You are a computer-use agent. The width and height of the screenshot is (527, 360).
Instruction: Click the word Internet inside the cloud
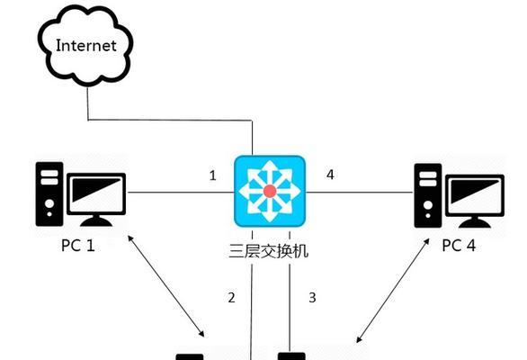(86, 45)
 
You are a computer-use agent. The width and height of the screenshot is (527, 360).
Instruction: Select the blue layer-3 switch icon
(270, 191)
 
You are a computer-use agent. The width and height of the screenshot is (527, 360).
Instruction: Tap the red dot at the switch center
(270, 191)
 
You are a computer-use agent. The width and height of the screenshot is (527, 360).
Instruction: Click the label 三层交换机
(268, 251)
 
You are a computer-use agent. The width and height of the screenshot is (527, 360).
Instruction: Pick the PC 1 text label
(77, 246)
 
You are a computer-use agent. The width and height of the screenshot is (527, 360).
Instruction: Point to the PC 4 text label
(459, 246)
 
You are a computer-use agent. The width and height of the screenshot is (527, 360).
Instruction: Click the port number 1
(212, 175)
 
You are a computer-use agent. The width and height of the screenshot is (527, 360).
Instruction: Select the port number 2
(231, 297)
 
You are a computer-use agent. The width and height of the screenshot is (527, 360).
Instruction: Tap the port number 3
(312, 297)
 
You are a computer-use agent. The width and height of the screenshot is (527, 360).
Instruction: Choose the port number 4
(330, 175)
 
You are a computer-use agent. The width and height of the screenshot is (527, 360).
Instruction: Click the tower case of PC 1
(49, 193)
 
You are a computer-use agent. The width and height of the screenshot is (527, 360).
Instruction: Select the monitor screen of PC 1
(96, 193)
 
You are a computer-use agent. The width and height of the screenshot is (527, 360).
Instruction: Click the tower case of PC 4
(428, 195)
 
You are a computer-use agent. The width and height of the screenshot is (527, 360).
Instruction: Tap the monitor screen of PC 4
(475, 195)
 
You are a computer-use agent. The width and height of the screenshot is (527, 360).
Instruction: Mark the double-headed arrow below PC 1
(166, 286)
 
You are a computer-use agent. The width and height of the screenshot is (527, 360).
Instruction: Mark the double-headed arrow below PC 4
(393, 291)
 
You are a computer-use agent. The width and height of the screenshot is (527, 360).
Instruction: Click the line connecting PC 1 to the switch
(181, 193)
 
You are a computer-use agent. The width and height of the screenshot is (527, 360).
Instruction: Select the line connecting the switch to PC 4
(360, 193)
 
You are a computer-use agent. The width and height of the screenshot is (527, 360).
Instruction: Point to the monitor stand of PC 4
(475, 222)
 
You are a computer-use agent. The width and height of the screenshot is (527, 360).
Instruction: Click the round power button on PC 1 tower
(49, 203)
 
